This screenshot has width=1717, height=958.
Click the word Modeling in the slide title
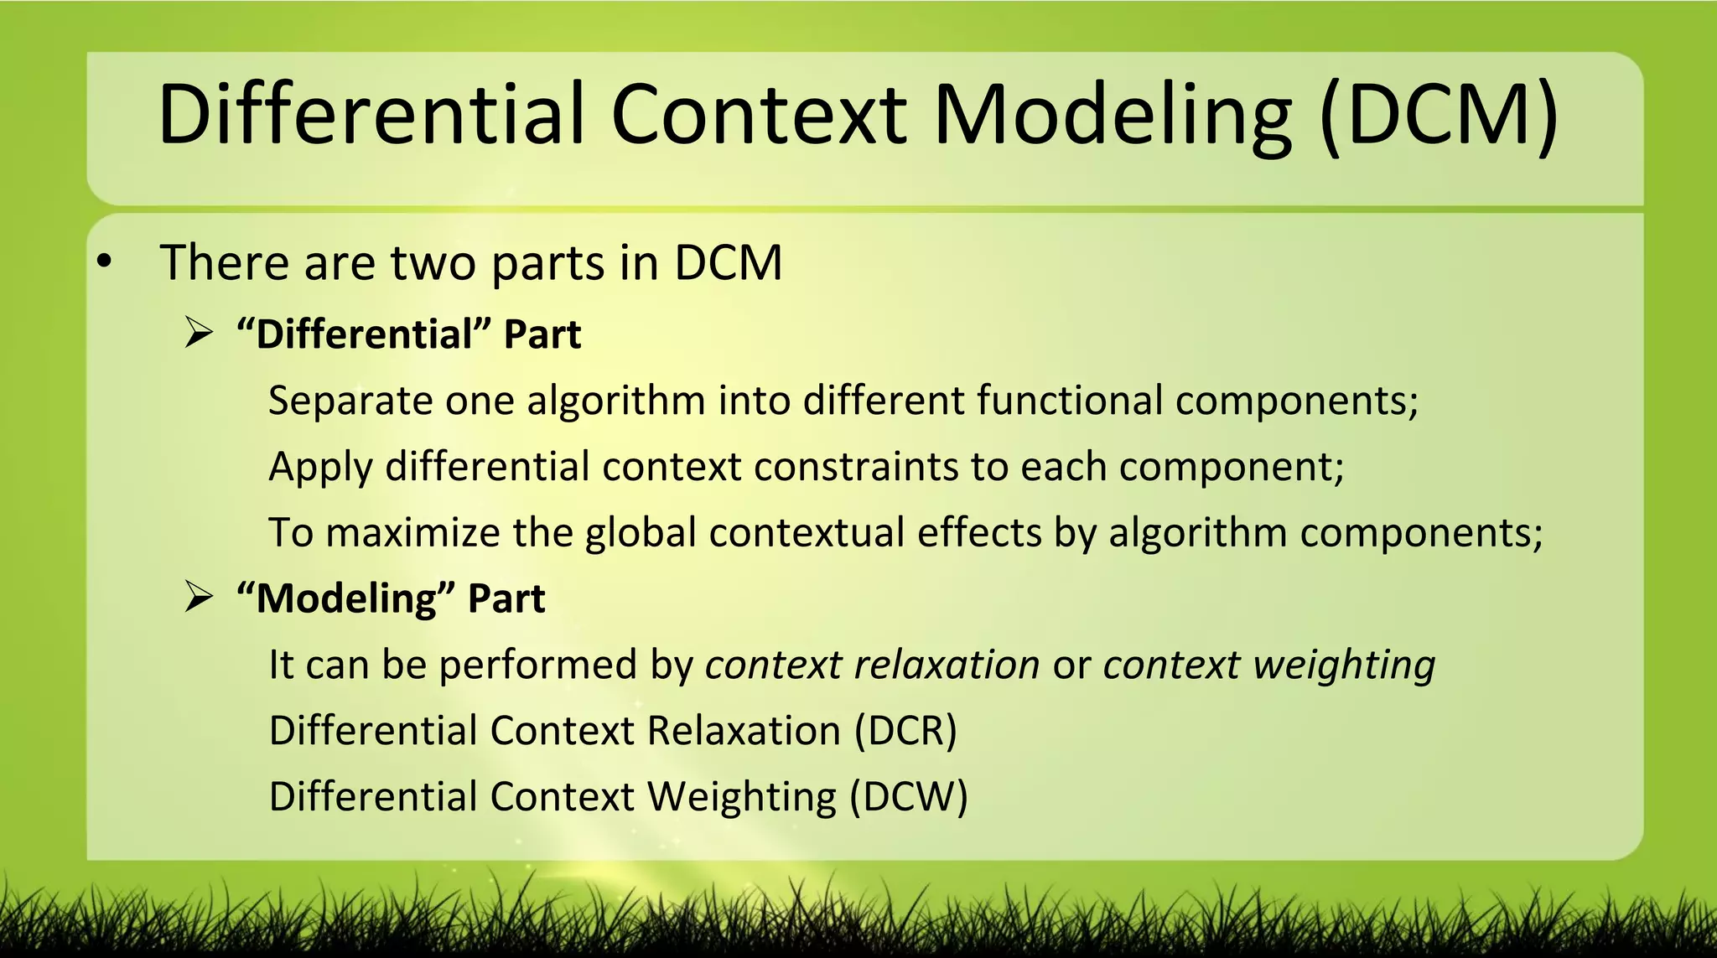tap(1112, 116)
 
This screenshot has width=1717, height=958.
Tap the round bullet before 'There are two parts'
tap(103, 262)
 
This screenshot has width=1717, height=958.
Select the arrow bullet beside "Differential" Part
tap(199, 334)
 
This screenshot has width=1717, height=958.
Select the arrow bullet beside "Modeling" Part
tap(199, 598)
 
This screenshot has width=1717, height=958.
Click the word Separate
tap(350, 401)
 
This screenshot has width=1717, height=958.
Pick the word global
tap(641, 533)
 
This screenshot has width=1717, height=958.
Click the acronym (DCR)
tap(905, 731)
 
